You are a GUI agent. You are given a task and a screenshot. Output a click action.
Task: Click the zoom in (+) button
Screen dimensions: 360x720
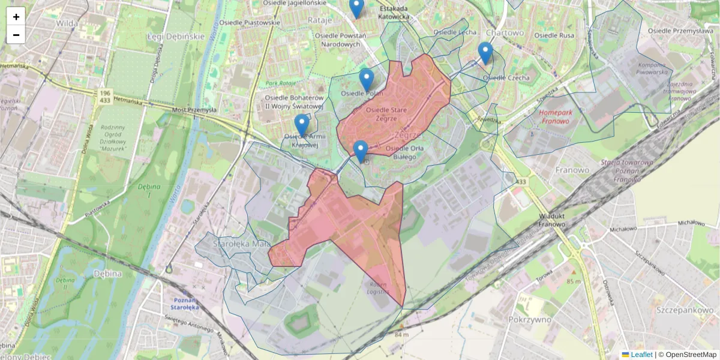[16, 17]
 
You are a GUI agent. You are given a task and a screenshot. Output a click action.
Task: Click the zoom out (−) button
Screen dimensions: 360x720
[16, 35]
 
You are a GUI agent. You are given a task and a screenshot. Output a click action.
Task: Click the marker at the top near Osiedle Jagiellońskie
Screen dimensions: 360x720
[356, 8]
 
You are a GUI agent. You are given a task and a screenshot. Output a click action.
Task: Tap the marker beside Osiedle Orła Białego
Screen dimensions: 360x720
[361, 152]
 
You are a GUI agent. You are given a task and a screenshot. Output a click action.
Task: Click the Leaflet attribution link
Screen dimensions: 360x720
[641, 355]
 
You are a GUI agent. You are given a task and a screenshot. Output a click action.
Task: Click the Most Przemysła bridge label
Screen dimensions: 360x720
[194, 110]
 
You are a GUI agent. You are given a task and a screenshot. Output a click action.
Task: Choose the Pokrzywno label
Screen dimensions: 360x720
[530, 319]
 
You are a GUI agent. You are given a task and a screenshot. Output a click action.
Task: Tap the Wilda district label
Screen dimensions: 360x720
[67, 23]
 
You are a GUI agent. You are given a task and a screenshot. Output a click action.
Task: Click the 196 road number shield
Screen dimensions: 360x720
[105, 93]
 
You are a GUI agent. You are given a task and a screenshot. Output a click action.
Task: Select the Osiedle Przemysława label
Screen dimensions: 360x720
[680, 31]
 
